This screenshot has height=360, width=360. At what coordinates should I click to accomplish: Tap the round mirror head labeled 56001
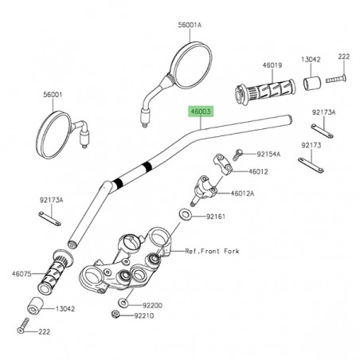click(x=59, y=130)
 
